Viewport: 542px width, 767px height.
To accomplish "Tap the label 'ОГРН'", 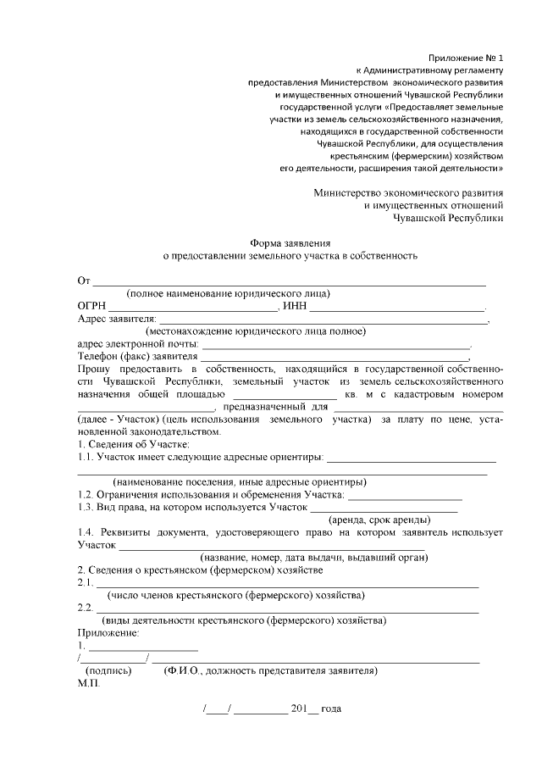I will click(x=91, y=306).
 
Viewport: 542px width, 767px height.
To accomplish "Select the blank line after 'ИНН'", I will click(x=400, y=308).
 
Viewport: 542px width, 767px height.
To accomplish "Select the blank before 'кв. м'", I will click(x=285, y=395).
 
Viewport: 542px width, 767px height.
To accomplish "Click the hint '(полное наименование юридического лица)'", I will click(x=228, y=293).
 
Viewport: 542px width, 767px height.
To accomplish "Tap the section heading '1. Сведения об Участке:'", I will click(x=134, y=444).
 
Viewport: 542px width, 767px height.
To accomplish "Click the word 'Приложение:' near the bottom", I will click(x=108, y=632).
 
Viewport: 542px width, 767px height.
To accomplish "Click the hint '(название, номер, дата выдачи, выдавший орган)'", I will click(x=312, y=557).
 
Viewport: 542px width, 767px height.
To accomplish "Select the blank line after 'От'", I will click(x=289, y=281).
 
